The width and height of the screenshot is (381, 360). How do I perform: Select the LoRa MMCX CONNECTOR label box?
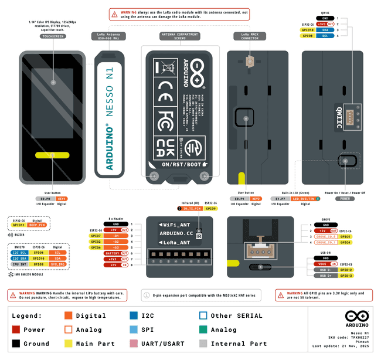(250, 36)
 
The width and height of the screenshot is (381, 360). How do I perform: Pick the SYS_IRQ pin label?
(57, 264)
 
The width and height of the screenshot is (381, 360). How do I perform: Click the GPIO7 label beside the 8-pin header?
(96, 236)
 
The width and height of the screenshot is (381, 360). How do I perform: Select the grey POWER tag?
(345, 199)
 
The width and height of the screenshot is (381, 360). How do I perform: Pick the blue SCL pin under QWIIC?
(325, 36)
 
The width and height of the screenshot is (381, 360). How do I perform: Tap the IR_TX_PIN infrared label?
(192, 209)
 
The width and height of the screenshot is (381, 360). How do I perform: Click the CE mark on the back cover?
(166, 89)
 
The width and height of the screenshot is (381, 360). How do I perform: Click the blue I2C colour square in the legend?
(134, 315)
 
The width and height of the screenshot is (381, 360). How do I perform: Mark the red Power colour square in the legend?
(16, 330)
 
